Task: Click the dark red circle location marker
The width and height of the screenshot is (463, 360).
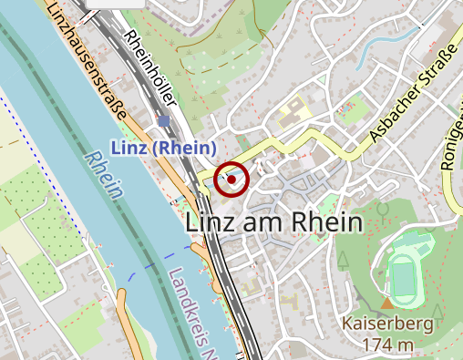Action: [x=232, y=180]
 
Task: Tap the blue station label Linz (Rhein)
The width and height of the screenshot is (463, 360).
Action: [x=164, y=148]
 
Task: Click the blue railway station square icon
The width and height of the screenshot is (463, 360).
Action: [x=163, y=121]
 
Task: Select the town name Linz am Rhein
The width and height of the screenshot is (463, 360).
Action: [x=273, y=221]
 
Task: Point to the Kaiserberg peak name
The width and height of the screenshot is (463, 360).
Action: [x=387, y=324]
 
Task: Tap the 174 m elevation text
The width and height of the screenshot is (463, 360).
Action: [x=387, y=345]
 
